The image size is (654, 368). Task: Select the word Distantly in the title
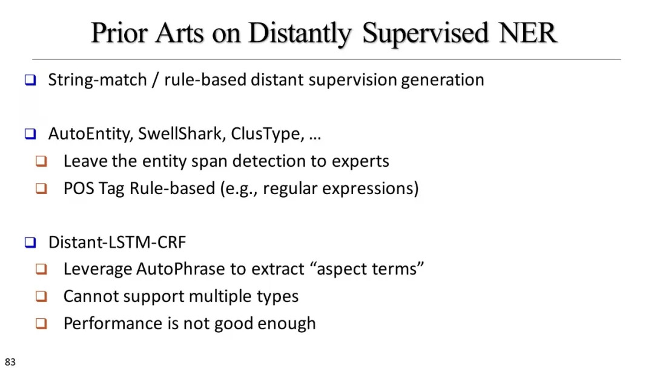(x=300, y=34)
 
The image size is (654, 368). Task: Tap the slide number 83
(x=10, y=362)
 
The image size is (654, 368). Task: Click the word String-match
(x=97, y=80)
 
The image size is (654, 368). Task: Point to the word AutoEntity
(x=90, y=134)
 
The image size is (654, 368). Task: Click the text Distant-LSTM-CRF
(x=117, y=243)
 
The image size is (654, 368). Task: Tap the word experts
(x=360, y=162)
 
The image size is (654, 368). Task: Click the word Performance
(x=115, y=323)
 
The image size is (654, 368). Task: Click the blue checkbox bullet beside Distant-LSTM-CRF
(x=30, y=243)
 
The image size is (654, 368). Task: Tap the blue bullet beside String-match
(x=30, y=80)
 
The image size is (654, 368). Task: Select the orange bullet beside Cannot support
(x=41, y=296)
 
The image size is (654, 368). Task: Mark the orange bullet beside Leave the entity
(x=41, y=161)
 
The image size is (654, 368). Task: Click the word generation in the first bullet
(x=443, y=80)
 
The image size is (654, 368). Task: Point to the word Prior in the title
(x=119, y=33)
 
